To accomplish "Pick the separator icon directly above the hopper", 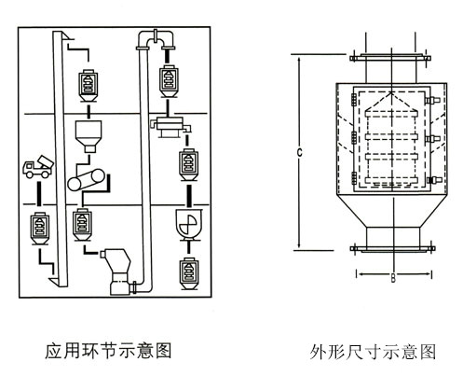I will pos(87,85).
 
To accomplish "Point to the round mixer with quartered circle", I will pos(187,225).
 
